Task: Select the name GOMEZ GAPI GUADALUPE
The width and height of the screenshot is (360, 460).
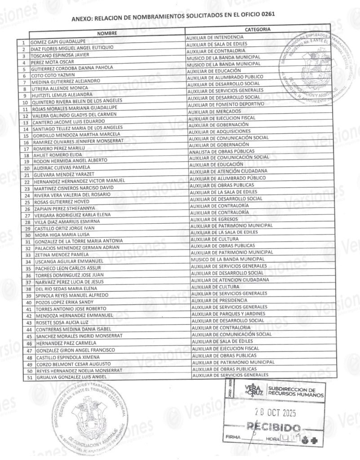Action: click(58, 41)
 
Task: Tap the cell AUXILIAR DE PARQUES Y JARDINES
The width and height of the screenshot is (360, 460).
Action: click(227, 314)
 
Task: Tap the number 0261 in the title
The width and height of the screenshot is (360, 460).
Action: click(265, 14)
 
